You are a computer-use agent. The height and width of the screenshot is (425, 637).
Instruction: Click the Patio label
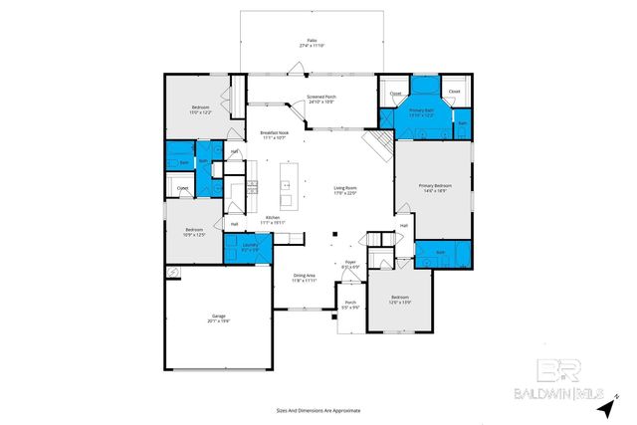tap(312, 43)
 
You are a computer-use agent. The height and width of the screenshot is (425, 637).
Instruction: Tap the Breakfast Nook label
tap(274, 135)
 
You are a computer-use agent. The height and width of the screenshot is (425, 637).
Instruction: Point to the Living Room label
tap(344, 191)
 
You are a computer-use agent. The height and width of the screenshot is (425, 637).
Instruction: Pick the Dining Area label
tap(304, 278)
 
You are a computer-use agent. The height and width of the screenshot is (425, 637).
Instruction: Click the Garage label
tap(217, 319)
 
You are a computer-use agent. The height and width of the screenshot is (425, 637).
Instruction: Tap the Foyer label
tap(350, 265)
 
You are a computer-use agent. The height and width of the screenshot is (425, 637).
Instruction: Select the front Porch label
tap(350, 305)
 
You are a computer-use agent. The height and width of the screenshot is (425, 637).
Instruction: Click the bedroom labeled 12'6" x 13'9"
tap(399, 300)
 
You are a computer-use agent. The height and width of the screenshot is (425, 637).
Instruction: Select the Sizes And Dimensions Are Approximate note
tap(318, 410)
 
